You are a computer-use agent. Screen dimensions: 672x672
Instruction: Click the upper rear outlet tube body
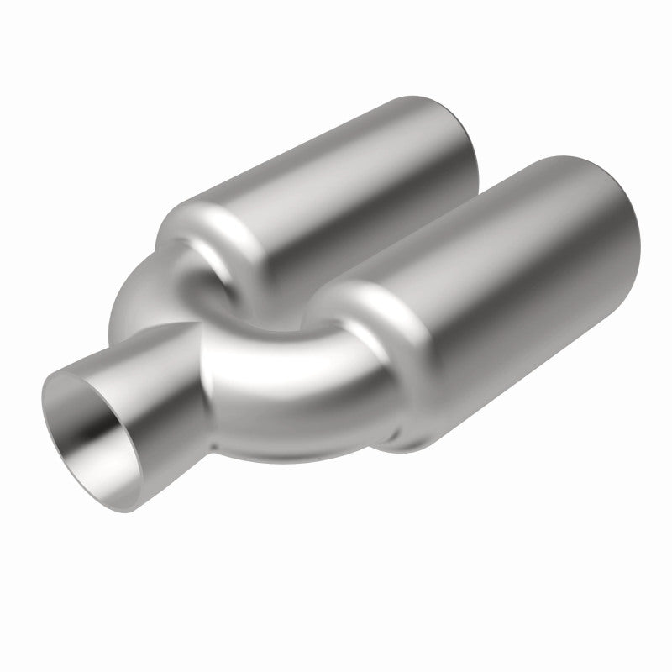[353, 176]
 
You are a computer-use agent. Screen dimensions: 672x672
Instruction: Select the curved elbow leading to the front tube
[277, 378]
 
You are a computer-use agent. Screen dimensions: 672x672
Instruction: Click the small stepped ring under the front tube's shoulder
[403, 433]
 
